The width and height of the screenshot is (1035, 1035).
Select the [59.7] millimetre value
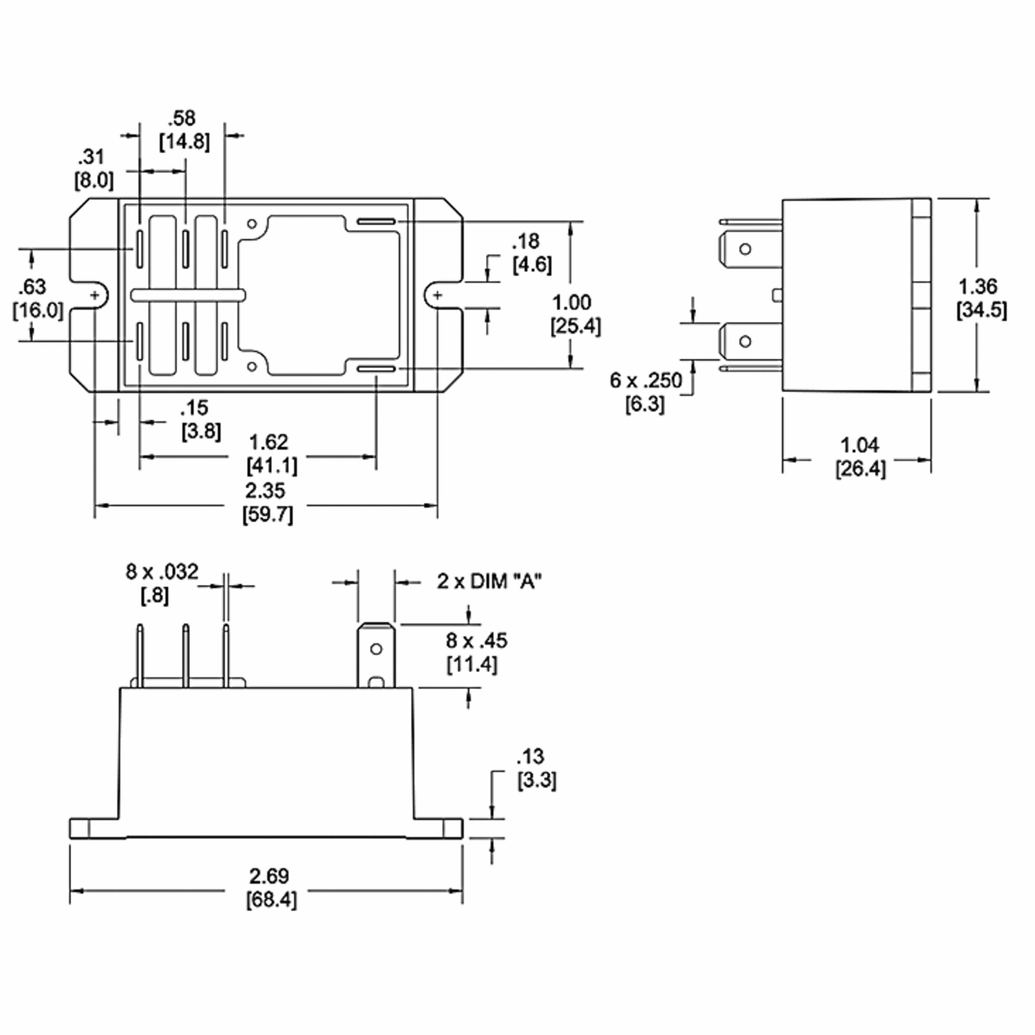coord(268,515)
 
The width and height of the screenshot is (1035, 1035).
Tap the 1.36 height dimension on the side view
coord(978,287)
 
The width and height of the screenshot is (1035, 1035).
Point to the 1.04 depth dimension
coord(859,445)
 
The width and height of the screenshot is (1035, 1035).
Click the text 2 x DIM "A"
coord(489,581)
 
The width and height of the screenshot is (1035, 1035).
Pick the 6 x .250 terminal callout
coord(646,380)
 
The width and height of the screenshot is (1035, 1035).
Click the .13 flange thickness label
coord(530,756)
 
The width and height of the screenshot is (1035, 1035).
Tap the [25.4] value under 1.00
coord(575,326)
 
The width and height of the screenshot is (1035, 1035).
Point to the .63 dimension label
coord(32,287)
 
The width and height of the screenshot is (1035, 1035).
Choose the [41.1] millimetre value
coord(272,466)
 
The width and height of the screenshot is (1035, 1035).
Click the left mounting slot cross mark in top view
coord(95,295)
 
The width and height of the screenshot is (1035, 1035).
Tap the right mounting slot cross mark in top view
coord(438,295)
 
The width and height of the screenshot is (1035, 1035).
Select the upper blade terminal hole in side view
coord(745,249)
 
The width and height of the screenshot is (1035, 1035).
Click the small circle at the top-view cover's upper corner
coord(252,223)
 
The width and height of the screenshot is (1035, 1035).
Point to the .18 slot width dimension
coord(526,242)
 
